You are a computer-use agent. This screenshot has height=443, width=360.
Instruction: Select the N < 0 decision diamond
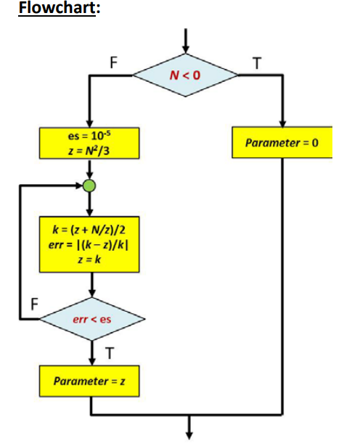tap(187, 74)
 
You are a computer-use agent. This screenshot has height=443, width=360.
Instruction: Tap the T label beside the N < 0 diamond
tap(255, 63)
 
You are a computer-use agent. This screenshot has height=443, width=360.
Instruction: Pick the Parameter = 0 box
tap(282, 143)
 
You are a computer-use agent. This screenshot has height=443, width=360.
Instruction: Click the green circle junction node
tap(89, 186)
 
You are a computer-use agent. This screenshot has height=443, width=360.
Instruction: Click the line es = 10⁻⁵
tap(89, 135)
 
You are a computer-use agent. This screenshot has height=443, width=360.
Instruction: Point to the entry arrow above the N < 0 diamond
tap(187, 40)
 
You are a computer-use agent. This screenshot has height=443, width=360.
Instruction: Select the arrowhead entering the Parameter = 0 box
tap(282, 123)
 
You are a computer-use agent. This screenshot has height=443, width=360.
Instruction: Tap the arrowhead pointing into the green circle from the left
tap(78, 186)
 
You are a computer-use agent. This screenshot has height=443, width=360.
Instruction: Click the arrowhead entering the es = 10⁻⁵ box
tap(89, 123)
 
